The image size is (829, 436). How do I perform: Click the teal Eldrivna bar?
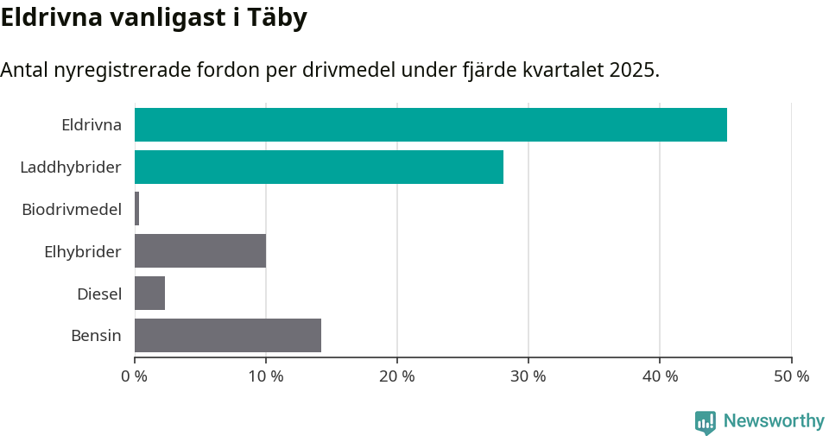point(430,124)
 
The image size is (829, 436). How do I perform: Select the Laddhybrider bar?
point(319,167)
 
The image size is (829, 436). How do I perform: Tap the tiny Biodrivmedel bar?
point(136,209)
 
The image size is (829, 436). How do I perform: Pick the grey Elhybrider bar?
point(200,251)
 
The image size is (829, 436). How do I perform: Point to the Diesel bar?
point(149,294)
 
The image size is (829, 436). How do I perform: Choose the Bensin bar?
point(228,335)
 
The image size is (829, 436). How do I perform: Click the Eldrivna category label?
point(91,124)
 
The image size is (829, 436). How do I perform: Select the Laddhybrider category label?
point(71,167)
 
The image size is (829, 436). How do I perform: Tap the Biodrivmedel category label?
point(72,209)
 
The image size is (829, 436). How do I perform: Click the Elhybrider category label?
point(82,251)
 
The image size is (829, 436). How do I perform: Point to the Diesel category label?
point(98,294)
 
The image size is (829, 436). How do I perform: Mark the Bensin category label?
point(96,335)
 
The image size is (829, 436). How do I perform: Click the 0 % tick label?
point(135,376)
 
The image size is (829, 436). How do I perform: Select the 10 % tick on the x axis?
point(266,376)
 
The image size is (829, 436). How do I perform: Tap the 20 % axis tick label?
point(397,376)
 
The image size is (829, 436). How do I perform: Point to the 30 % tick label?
point(528,376)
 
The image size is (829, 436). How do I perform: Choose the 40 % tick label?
point(660,376)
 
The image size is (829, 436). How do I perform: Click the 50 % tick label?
point(791,376)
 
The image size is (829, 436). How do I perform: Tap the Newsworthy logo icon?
point(706,421)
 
